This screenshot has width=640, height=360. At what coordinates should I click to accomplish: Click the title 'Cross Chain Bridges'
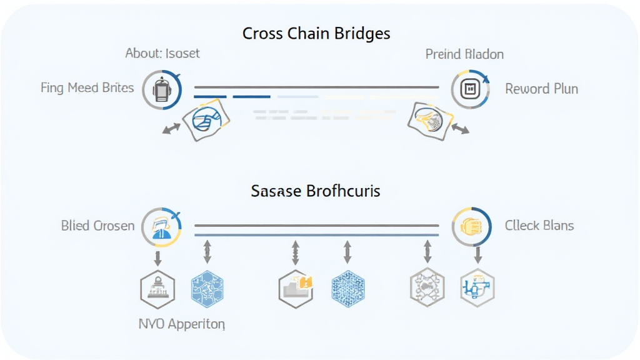[x=316, y=33]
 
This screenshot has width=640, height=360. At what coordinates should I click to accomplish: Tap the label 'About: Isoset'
[x=162, y=53]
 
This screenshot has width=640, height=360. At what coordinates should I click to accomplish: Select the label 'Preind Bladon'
[x=464, y=54]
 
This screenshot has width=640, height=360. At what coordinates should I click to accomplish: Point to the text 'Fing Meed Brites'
[x=87, y=87]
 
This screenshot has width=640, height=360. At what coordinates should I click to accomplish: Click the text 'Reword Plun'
[x=541, y=89]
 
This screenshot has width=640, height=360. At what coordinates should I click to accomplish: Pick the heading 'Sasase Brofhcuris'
[x=315, y=191]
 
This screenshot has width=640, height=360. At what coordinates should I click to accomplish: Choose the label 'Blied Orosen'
[x=97, y=226]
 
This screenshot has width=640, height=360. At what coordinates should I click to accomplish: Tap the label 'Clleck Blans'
[x=539, y=225]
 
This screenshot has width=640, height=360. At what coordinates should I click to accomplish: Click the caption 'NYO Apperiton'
[x=182, y=324]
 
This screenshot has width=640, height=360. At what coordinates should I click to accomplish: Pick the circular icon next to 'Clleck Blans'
[x=471, y=226]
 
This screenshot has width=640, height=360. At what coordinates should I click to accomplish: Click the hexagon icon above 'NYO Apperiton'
[x=157, y=289]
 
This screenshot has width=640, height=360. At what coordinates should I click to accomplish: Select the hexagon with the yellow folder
[x=296, y=289]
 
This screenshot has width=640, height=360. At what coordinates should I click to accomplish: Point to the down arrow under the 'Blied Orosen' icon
[x=158, y=257]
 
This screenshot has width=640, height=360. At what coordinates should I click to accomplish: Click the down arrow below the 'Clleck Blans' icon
[x=478, y=254]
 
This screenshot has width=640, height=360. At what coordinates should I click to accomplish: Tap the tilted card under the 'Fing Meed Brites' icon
[x=206, y=119]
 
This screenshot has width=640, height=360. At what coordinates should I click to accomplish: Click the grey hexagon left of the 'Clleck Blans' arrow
[x=427, y=289]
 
